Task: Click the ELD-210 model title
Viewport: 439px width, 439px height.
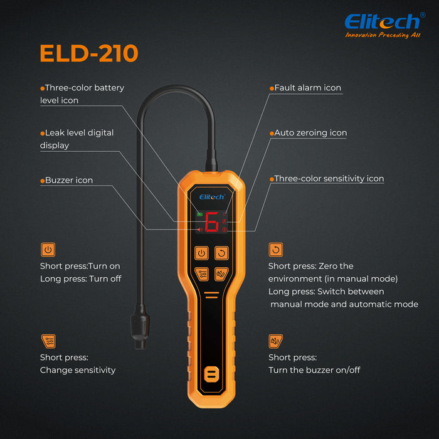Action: (89, 53)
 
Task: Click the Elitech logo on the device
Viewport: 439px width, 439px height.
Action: (212, 197)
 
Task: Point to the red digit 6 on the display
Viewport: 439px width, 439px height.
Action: (212, 222)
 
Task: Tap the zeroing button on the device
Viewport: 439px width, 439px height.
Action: (221, 253)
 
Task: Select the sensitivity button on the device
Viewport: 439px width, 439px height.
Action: (201, 274)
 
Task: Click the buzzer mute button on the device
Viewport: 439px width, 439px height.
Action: (221, 274)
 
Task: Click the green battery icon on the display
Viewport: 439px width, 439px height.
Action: (199, 214)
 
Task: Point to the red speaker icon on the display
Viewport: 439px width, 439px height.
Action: (199, 230)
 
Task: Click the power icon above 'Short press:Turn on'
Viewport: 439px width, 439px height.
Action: (48, 250)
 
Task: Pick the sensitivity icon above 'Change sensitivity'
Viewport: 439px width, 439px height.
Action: (48, 341)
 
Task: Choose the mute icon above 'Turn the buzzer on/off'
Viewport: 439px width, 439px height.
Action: (276, 341)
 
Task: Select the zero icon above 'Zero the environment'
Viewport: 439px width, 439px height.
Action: (276, 250)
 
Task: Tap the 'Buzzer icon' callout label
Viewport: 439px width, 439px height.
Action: (66, 181)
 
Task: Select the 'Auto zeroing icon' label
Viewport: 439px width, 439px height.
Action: (309, 133)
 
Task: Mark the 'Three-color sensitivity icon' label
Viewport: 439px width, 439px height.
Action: (327, 179)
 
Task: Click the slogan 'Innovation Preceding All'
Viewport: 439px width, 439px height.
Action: (383, 35)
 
